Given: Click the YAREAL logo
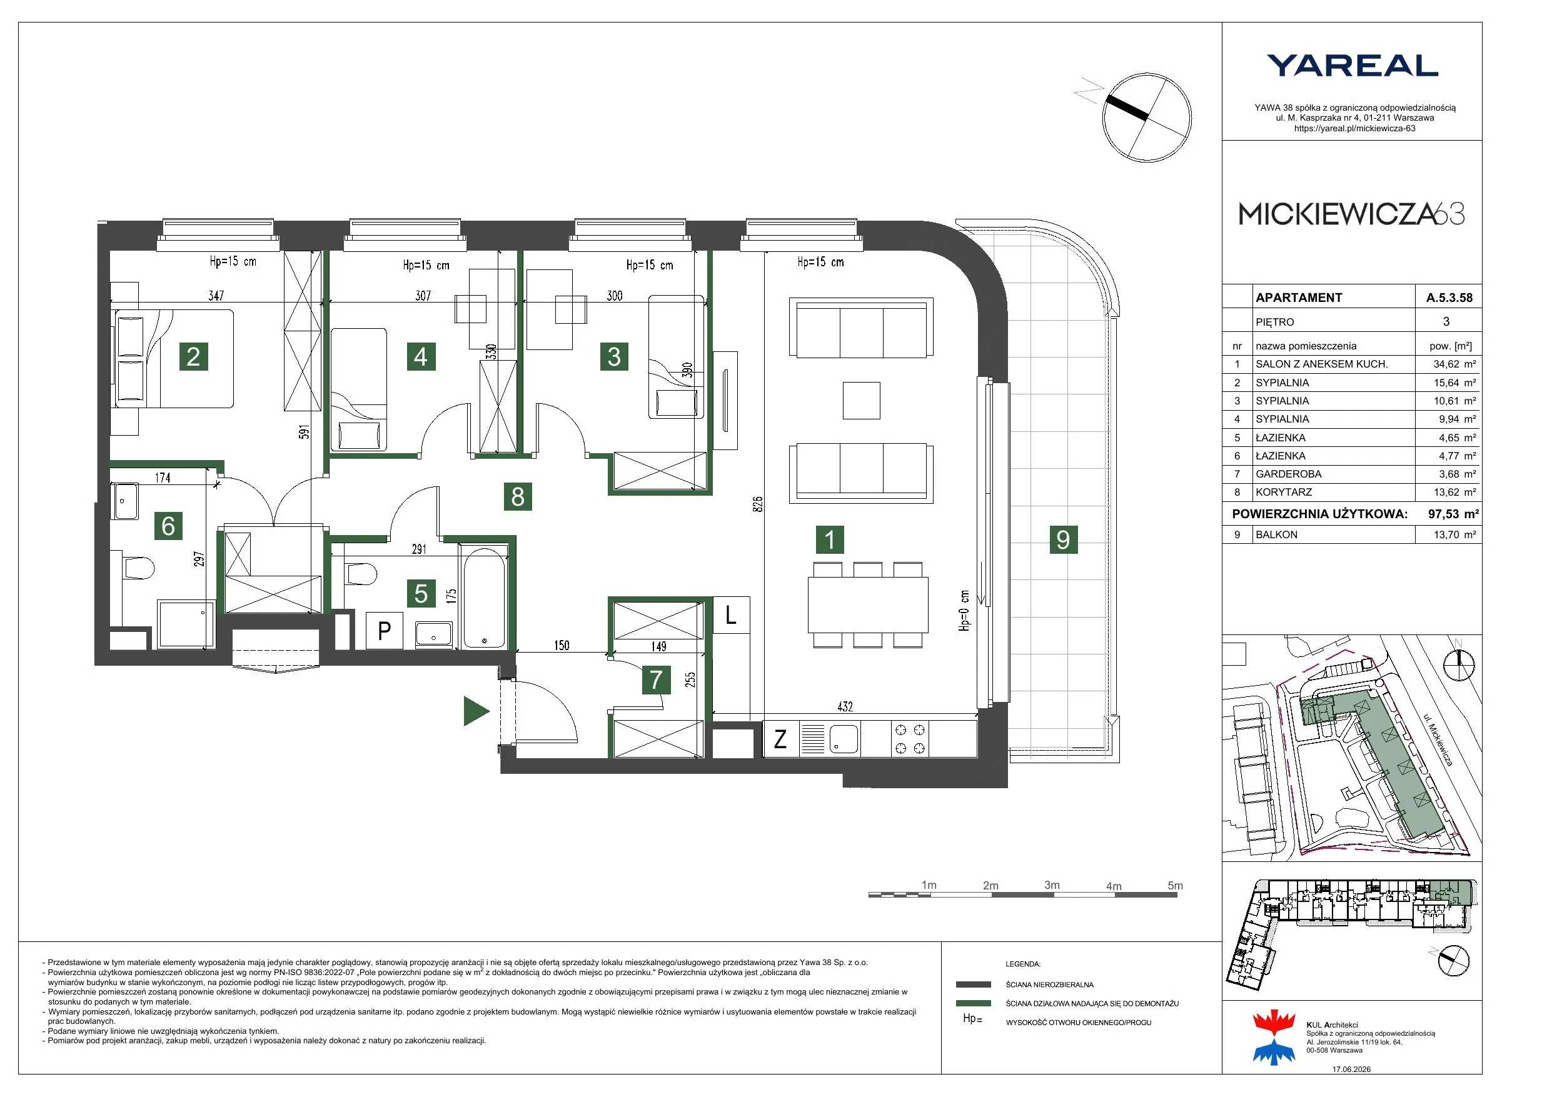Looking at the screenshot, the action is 1352,66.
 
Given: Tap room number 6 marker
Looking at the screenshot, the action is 168,525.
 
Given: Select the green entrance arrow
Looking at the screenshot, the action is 476,711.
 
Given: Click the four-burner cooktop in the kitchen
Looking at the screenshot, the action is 909,739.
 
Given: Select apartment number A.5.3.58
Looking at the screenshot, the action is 1449,298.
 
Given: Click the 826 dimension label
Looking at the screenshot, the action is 757,504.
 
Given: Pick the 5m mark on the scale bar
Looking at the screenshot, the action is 1176,886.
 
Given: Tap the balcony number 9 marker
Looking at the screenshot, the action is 1063,539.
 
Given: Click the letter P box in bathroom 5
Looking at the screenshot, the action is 385,631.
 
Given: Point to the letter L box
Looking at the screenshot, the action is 731,615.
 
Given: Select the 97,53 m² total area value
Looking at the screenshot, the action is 1453,514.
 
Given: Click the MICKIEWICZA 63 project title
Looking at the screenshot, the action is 1351,214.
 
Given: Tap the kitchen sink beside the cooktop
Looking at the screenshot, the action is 844,739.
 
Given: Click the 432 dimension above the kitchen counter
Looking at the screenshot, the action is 845,706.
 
